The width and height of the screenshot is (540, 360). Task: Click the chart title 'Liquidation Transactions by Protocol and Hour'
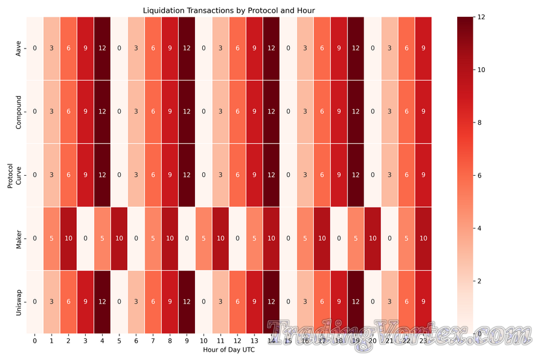pos(229,11)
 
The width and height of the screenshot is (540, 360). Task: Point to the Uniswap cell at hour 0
pos(34,302)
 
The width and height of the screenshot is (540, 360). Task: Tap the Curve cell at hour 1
pos(51,175)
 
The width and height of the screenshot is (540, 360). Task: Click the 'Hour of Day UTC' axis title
pos(229,350)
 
